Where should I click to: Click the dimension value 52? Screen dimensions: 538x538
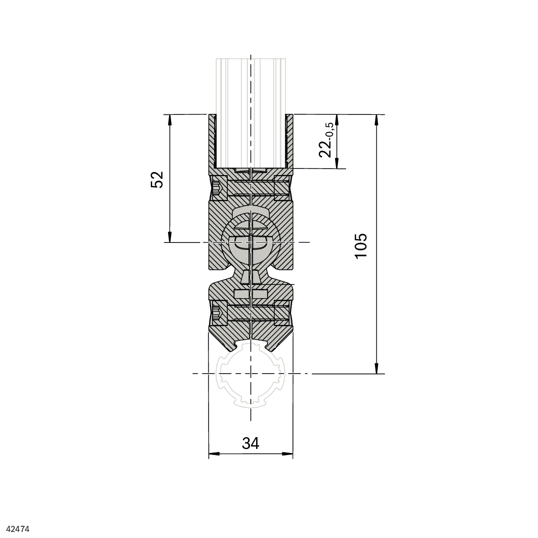[157, 179]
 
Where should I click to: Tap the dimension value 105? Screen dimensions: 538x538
[361, 245]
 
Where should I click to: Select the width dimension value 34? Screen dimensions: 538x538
[251, 443]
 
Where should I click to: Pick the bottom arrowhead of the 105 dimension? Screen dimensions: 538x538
[377, 368]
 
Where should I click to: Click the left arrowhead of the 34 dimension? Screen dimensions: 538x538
[214, 454]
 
